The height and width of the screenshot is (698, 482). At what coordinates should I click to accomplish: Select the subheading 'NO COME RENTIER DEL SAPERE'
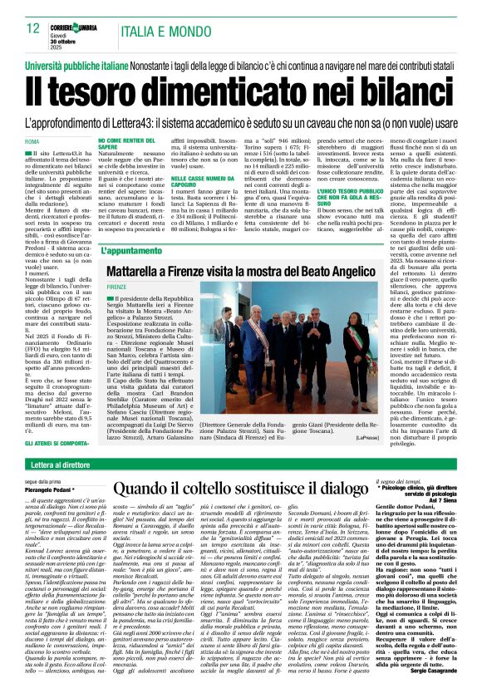133,145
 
